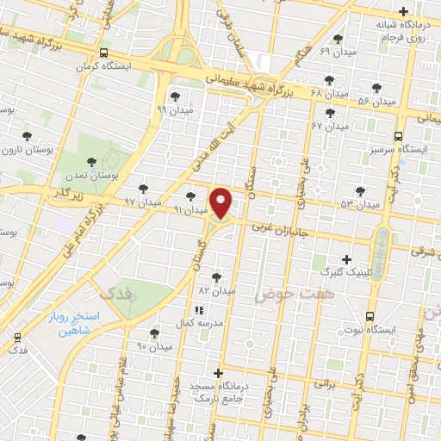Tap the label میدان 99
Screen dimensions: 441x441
pos(174,109)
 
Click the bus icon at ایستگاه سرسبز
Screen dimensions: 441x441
pos(398,135)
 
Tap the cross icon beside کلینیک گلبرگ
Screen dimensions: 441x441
pos(346,258)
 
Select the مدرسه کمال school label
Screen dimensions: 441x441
pos(200,322)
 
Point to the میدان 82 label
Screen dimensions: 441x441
pos(217,291)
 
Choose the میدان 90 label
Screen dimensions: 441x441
pos(155,346)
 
